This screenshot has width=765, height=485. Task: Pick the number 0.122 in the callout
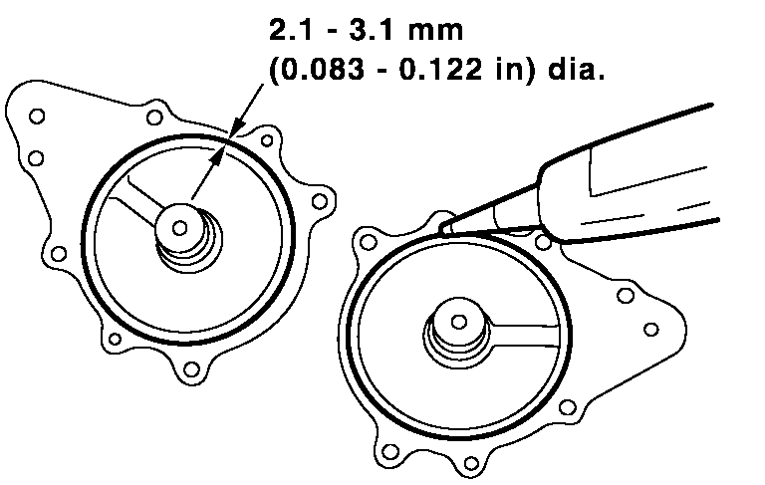tap(440, 70)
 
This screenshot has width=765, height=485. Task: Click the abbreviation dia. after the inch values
tap(576, 70)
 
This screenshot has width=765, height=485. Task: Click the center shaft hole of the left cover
tap(180, 227)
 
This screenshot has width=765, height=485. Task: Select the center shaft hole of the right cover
tap(458, 322)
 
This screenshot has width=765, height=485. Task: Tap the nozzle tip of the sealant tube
tap(444, 228)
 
